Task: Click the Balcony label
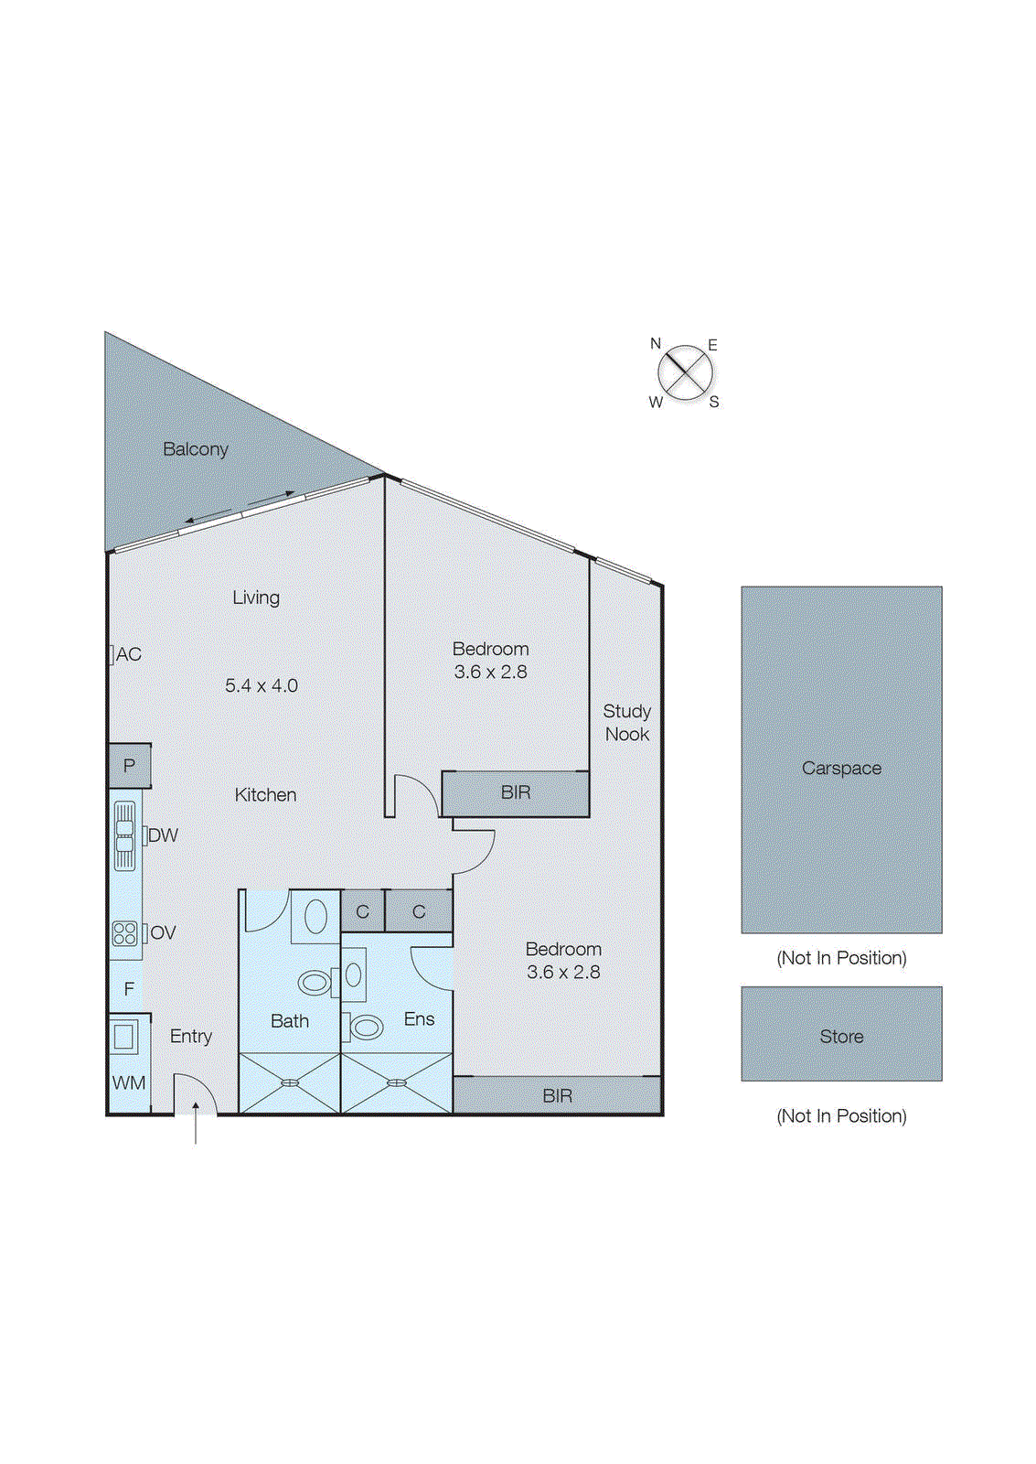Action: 195,449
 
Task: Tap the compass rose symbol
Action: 685,373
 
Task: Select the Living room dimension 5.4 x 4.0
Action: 262,685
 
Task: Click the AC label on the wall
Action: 128,654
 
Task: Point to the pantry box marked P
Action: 129,766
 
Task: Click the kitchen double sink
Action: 124,835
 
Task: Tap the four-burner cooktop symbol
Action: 124,933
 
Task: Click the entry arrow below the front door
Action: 195,1125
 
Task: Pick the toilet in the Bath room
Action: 315,983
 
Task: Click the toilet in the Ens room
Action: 366,1028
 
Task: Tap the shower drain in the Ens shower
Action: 396,1082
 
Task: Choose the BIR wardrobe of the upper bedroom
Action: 516,792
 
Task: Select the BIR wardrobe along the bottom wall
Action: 557,1095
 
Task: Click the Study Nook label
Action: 627,722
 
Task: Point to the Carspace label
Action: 841,769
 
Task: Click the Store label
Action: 841,1037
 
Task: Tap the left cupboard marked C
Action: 362,911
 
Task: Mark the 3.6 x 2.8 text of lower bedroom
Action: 563,972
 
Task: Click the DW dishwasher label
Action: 163,835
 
